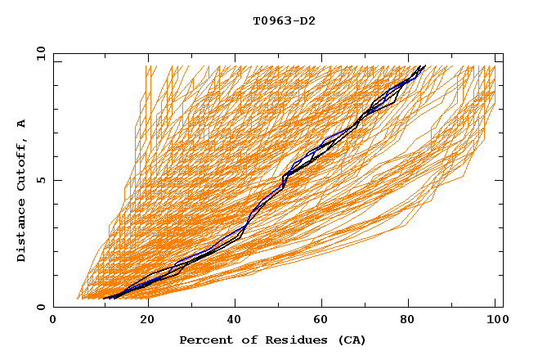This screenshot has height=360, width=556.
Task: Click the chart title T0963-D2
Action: pyautogui.click(x=278, y=21)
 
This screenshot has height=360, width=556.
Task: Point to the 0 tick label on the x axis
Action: pyautogui.click(x=53, y=322)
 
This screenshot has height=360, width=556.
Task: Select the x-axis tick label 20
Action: pyautogui.click(x=141, y=322)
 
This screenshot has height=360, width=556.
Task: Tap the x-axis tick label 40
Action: pyautogui.click(x=231, y=322)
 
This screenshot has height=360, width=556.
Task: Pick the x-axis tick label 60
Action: pyautogui.click(x=319, y=322)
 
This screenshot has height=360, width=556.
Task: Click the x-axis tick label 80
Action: pyautogui.click(x=407, y=322)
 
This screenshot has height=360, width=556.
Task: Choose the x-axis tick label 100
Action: pyautogui.click(x=495, y=322)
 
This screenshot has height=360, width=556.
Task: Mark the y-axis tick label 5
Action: pyautogui.click(x=41, y=180)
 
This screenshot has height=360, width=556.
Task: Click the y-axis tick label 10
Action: pyautogui.click(x=38, y=53)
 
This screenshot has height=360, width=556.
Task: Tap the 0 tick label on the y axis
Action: pyautogui.click(x=41, y=308)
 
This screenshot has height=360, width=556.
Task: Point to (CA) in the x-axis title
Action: pyautogui.click(x=352, y=340)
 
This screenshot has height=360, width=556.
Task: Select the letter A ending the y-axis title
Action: pyautogui.click(x=22, y=123)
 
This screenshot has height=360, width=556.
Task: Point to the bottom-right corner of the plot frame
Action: pyautogui.click(x=503, y=308)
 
